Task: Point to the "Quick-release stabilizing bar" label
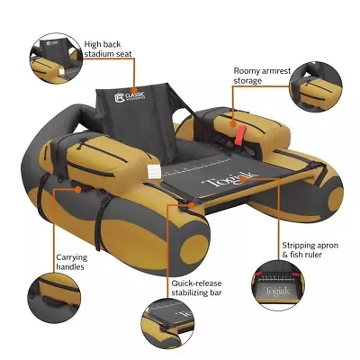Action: [x=196, y=287]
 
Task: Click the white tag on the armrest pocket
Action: [x=153, y=171]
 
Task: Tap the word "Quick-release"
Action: [x=196, y=282]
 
